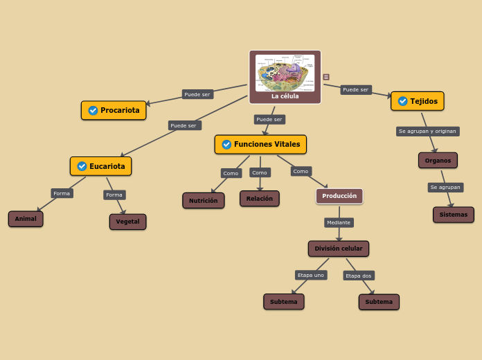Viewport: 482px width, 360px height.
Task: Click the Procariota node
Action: point(114,110)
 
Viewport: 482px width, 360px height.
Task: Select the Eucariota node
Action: point(100,166)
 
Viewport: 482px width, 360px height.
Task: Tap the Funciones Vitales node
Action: point(260,144)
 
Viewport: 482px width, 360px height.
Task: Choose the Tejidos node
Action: point(417,101)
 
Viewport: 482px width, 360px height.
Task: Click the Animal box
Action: point(26,219)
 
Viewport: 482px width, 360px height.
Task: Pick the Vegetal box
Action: point(127,222)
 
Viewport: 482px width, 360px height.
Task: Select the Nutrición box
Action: point(203,201)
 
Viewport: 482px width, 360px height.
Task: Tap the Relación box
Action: point(259,199)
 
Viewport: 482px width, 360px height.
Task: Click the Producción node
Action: point(339,196)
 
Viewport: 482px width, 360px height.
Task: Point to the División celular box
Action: point(338,249)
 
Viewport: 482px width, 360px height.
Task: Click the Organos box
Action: point(438,161)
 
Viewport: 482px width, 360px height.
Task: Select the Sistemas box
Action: point(453,215)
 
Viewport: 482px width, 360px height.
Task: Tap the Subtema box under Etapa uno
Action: point(283,302)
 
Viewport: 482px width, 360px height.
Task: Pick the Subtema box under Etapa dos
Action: point(379,302)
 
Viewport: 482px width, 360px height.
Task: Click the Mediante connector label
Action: point(339,223)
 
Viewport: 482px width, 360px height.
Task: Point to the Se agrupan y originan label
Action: point(427,131)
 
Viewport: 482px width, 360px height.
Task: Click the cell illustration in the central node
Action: point(285,73)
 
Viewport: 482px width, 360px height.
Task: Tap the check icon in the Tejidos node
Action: point(402,101)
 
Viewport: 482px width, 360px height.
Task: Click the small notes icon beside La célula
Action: point(326,77)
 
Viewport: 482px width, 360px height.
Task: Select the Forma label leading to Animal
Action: point(62,193)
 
